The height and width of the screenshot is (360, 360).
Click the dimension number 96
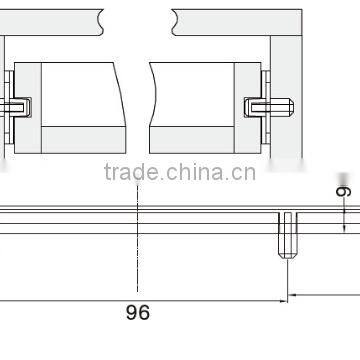[x=138, y=313]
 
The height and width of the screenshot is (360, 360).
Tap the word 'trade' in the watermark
[x=124, y=173]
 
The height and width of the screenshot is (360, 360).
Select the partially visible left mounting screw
[x=17, y=104]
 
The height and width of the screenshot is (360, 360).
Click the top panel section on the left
[x=50, y=18]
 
